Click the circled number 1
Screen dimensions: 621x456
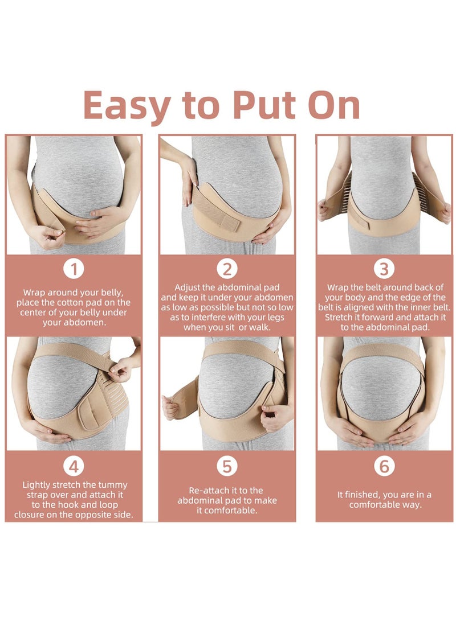point(74,269)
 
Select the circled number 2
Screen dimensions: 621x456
point(227,269)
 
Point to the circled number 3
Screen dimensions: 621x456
point(384,269)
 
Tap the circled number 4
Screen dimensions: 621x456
point(74,467)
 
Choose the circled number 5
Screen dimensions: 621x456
point(227,467)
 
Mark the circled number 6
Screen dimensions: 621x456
point(384,467)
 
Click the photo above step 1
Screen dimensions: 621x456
point(74,195)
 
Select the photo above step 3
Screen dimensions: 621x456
point(384,195)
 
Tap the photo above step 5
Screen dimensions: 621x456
point(227,393)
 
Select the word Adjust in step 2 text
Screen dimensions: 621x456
point(188,287)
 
